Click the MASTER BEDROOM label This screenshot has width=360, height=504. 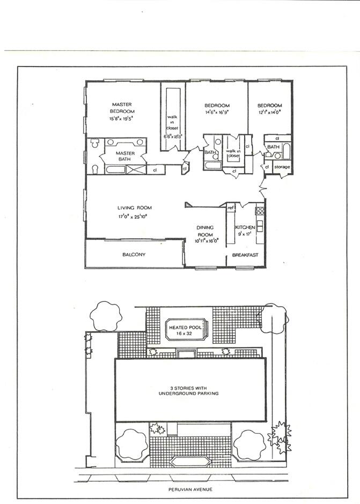coord(122,107)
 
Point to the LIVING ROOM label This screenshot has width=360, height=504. coord(135,207)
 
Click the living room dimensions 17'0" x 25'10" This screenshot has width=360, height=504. coord(135,217)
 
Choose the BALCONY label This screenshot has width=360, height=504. coord(134,255)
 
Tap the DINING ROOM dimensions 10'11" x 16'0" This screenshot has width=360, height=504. coord(207,241)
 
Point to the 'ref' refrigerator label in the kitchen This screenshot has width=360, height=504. coord(230,207)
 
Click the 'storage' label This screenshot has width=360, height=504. coord(282,167)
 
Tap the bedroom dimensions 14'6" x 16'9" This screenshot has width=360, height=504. coord(217,113)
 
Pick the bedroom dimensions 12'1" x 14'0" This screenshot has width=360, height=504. coord(269,113)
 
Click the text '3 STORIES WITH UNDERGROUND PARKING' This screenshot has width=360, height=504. coord(191,390)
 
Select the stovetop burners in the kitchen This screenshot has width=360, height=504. coord(260,211)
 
